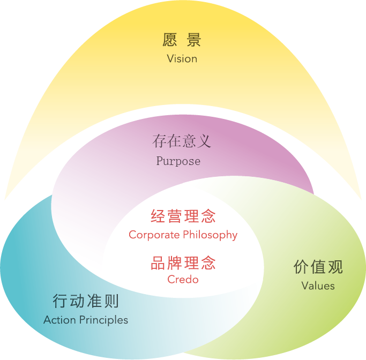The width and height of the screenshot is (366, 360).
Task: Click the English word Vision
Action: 182,58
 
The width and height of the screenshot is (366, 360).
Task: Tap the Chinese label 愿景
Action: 182,40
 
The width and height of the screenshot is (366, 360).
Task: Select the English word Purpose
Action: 178,161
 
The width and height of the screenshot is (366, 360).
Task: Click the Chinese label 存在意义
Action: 182,141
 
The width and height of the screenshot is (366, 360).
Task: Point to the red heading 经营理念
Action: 183,216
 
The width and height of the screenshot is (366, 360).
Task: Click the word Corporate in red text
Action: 153,235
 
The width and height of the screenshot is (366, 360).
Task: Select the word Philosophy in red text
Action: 210,235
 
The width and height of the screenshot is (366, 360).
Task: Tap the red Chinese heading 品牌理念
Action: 183,263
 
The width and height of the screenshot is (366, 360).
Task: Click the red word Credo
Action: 183,279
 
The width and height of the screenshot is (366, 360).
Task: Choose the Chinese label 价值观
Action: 318,267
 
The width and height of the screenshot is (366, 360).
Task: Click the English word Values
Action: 318,286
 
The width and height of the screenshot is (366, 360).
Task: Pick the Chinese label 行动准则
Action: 86,301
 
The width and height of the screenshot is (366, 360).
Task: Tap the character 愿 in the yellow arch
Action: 170,40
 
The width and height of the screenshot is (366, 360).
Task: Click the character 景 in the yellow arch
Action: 194,40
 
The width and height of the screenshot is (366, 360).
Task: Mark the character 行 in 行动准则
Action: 60,301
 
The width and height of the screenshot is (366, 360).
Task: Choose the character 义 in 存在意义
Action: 204,141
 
